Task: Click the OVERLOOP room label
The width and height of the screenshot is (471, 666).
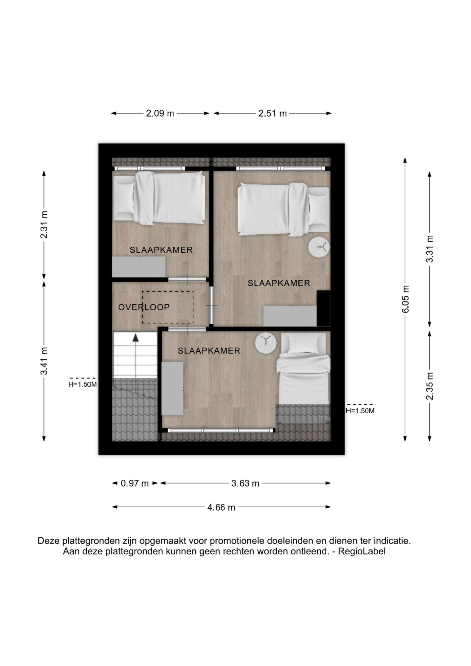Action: click(144, 307)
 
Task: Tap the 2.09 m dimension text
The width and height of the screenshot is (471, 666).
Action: click(160, 113)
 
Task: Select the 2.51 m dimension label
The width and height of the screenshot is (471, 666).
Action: click(272, 113)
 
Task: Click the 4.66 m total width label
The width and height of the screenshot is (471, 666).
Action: click(221, 507)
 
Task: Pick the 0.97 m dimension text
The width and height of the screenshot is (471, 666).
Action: click(135, 483)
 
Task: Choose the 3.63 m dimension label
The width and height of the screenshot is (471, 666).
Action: click(245, 483)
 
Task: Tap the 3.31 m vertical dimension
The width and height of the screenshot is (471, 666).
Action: click(430, 249)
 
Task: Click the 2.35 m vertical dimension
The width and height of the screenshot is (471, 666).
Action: click(430, 386)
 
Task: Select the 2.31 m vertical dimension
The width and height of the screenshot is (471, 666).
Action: click(44, 225)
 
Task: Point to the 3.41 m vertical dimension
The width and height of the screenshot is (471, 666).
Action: click(44, 361)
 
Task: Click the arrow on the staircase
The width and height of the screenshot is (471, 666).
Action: click(136, 356)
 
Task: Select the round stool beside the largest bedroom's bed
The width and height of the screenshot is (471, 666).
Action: click(319, 247)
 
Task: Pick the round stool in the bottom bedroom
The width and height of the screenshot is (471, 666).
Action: click(266, 343)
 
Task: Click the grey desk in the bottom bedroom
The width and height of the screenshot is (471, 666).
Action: click(172, 388)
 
